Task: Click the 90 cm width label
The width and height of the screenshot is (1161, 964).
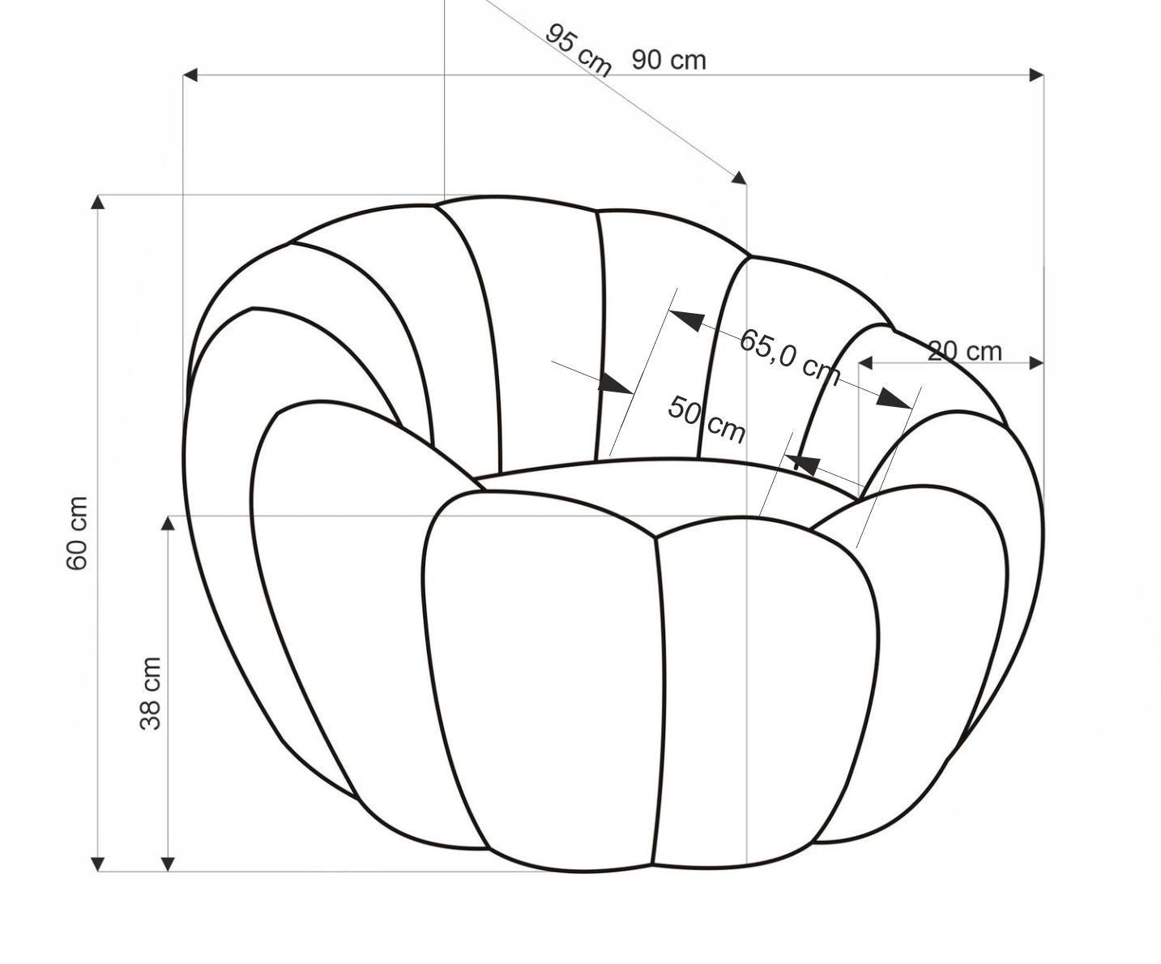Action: (669, 60)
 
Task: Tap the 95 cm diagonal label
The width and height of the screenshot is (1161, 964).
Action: (578, 49)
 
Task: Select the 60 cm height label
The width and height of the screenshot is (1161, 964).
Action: (77, 533)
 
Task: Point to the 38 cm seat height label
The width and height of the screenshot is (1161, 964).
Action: (150, 693)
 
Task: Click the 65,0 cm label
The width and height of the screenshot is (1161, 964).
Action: (790, 358)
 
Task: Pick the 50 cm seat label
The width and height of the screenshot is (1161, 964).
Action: (706, 420)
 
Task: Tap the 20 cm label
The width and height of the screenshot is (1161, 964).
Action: (965, 351)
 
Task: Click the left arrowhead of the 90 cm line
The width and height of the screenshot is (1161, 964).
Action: (190, 75)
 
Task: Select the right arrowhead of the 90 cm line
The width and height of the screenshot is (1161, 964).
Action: (1036, 75)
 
